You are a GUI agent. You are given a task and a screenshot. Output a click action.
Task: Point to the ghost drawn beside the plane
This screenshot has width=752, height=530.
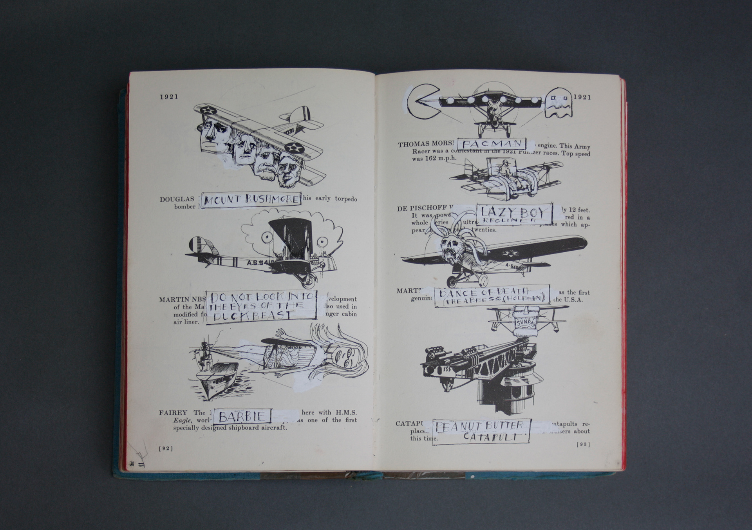[x=559, y=103]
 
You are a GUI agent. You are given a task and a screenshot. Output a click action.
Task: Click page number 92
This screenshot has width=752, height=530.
[x=166, y=449]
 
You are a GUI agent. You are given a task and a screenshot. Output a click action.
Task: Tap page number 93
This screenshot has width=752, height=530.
[x=583, y=444]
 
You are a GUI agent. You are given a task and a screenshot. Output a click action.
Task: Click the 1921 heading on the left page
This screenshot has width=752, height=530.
[x=169, y=97]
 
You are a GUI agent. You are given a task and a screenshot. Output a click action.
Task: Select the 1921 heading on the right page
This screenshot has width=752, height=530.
[x=582, y=97]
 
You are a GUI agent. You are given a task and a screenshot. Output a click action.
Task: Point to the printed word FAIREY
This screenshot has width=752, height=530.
[x=173, y=412]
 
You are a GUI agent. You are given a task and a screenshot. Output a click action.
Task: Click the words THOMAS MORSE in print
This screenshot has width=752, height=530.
[x=425, y=144]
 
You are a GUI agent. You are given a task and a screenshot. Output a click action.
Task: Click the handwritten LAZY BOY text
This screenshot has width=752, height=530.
[x=513, y=213]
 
